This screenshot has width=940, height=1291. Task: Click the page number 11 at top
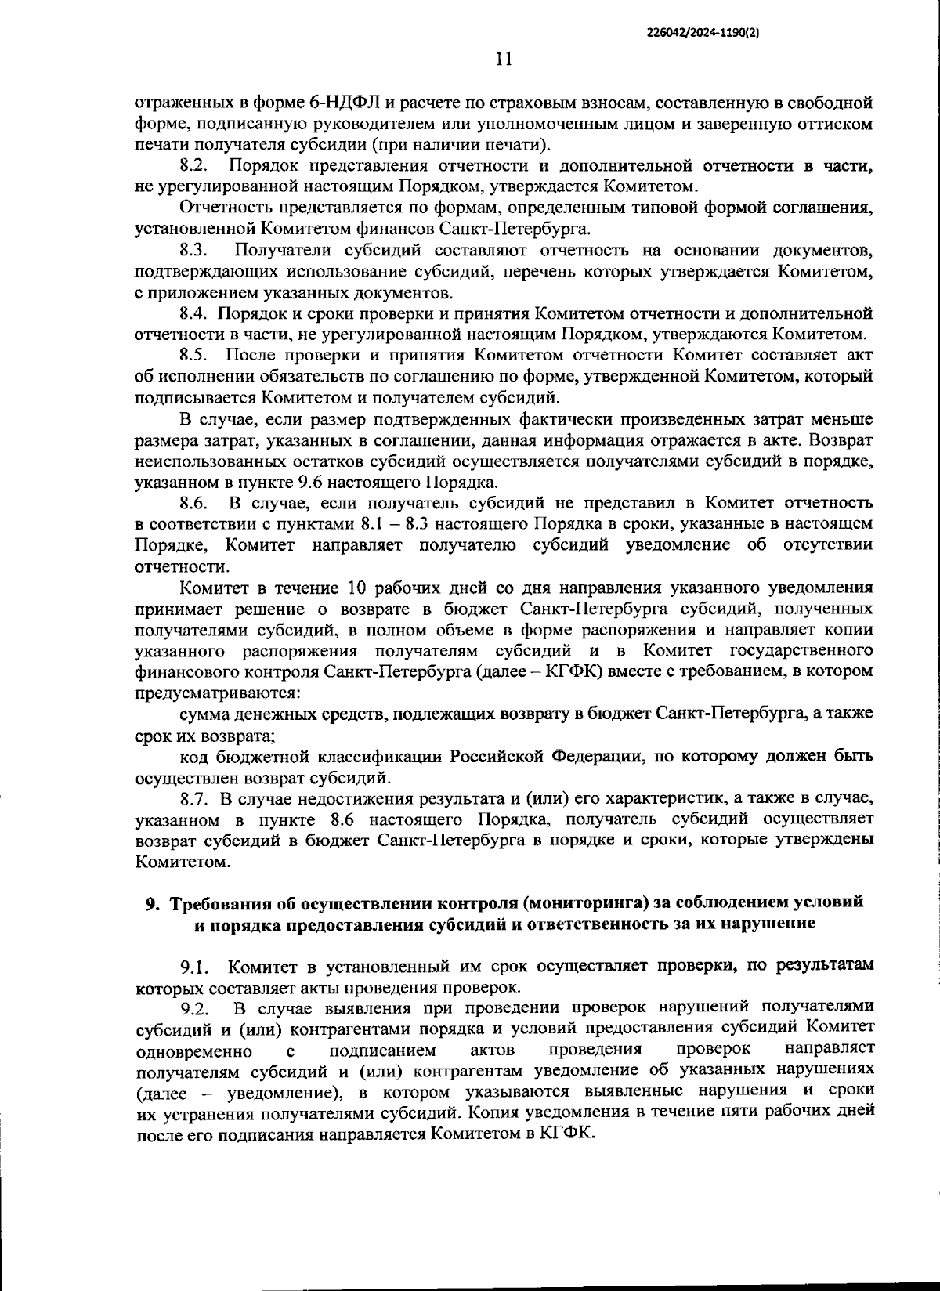coord(504,60)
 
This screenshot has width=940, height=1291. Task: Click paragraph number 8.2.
coord(193,166)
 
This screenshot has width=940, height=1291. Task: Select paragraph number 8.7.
coord(193,798)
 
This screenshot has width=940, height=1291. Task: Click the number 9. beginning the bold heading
coord(154,903)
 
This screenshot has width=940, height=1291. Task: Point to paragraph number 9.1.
coord(193,968)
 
